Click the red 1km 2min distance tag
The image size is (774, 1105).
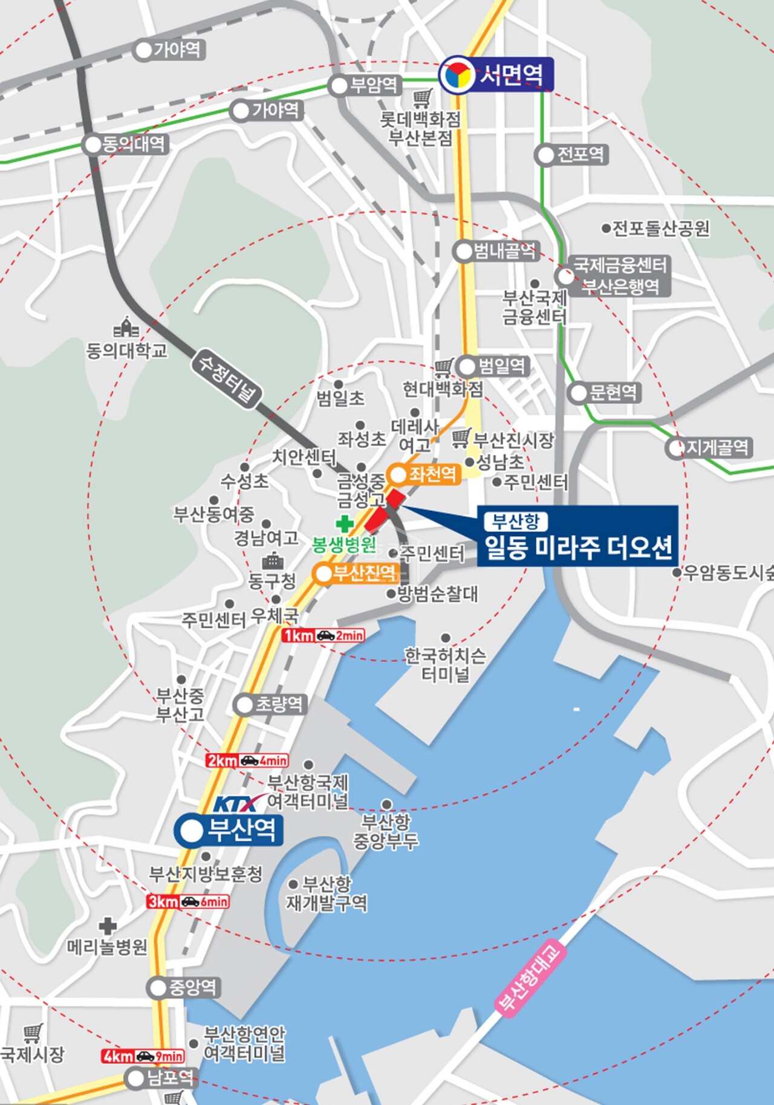[x=324, y=635]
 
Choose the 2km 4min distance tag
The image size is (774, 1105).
[x=247, y=760]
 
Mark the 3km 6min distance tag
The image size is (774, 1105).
[x=188, y=902]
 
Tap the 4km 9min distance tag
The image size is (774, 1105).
[x=143, y=1056]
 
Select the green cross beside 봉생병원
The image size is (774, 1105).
[x=345, y=523]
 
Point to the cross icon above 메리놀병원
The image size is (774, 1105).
[x=108, y=925]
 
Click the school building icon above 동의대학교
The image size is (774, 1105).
[x=126, y=328]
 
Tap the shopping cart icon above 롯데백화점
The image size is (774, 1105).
[x=423, y=97]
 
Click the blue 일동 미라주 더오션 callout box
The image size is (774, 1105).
[x=577, y=536]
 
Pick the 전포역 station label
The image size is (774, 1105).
[x=572, y=155]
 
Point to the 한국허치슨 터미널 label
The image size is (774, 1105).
[x=446, y=664]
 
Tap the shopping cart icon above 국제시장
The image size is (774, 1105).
[x=33, y=1033]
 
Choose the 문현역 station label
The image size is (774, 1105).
[x=605, y=393]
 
